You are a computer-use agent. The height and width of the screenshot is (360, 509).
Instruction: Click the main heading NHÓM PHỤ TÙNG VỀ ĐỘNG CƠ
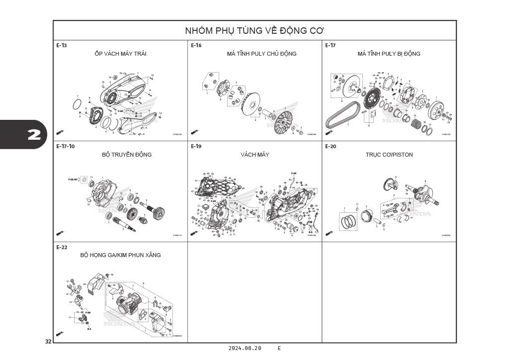pyautogui.click(x=254, y=30)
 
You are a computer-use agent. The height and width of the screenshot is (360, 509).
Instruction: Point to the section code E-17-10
pyautogui.click(x=66, y=147)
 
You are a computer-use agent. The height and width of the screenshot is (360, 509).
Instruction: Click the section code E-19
pyautogui.click(x=196, y=147)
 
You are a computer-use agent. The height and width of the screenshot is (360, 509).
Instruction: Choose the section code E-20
pyautogui.click(x=331, y=147)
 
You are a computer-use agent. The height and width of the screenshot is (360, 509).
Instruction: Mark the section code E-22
pyautogui.click(x=62, y=247)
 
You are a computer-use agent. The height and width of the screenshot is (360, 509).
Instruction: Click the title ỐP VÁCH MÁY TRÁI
pyautogui.click(x=120, y=54)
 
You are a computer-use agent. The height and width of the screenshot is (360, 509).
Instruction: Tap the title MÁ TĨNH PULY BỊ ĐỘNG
pyautogui.click(x=389, y=54)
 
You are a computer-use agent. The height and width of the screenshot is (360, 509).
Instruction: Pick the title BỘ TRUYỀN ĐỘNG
pyautogui.click(x=127, y=155)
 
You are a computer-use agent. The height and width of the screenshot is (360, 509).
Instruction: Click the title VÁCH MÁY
pyautogui.click(x=254, y=155)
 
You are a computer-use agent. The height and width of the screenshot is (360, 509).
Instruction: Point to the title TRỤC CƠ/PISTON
pyautogui.click(x=389, y=155)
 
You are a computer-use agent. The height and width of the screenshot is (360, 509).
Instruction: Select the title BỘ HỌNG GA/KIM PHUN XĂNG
pyautogui.click(x=120, y=255)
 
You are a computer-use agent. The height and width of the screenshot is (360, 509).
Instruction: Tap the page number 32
pyautogui.click(x=48, y=342)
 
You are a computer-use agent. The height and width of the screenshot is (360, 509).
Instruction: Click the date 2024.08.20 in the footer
pyautogui.click(x=245, y=348)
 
